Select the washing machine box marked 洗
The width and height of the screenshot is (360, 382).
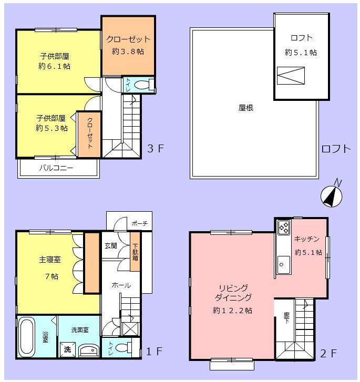pos(67,349)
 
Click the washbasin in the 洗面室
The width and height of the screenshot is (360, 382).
pos(88,350)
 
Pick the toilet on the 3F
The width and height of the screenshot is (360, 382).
pos(141,85)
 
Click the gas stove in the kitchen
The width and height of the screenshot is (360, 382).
pos(283,227)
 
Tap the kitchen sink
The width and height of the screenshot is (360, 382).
pos(283,262)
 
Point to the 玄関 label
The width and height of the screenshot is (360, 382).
pos(110,245)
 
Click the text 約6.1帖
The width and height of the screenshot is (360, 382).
pos(55,66)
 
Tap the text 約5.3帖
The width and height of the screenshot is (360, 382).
pos(52,128)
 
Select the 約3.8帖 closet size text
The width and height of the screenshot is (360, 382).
pos(128,51)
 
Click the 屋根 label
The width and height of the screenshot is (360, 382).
pos(246,108)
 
